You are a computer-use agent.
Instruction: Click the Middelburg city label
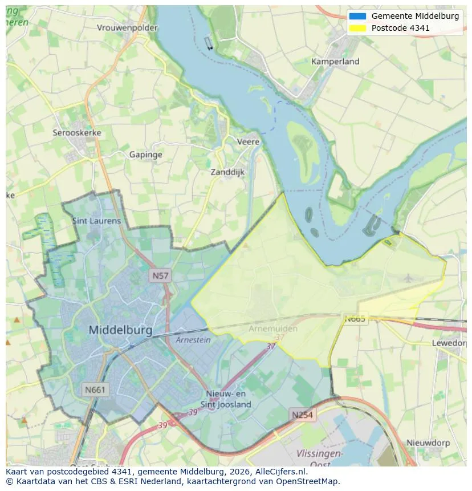[x=120, y=330]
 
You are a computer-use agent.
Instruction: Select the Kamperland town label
[x=335, y=62]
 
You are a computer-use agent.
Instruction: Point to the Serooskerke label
[x=77, y=133]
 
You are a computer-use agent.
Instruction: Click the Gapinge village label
[x=145, y=155]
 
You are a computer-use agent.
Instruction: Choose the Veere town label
[x=248, y=142]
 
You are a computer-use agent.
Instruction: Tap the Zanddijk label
[x=227, y=172]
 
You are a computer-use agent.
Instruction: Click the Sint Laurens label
[x=96, y=221]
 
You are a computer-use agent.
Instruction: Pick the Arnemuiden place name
[x=272, y=329]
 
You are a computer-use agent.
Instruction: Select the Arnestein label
[x=193, y=340]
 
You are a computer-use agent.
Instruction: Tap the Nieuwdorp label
[x=428, y=443]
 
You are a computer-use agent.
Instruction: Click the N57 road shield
[x=160, y=276]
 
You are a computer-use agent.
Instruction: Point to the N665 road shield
[x=355, y=319]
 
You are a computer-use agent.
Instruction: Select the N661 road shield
[x=95, y=390]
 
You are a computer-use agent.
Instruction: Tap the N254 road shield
[x=302, y=415]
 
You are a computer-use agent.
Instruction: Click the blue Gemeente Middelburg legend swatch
[x=358, y=16]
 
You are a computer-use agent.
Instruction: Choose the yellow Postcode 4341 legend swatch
[x=358, y=28]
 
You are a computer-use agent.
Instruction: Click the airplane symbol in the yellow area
[x=408, y=278]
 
